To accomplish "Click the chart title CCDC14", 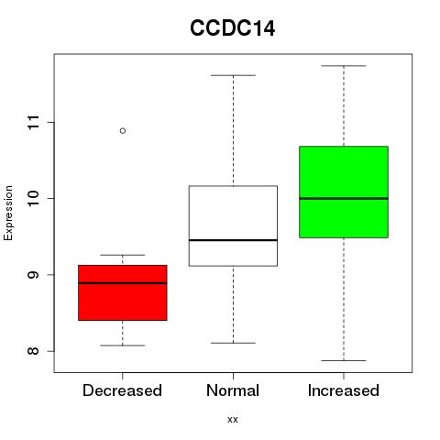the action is (x=232, y=28).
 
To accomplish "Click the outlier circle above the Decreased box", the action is (x=123, y=131).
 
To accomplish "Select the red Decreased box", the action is (x=123, y=292).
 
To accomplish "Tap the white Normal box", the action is (x=233, y=225).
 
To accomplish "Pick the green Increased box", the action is (x=344, y=192).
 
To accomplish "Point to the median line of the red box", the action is (x=123, y=283).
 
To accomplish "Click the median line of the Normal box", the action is (x=233, y=240).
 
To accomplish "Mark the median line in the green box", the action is (x=344, y=199).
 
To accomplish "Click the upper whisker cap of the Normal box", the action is (x=233, y=75).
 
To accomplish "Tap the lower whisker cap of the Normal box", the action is (x=233, y=343).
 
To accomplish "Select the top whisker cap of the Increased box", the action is (x=344, y=66).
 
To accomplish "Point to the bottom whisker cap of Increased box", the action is (x=344, y=360).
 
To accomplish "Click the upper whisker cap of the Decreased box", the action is (x=123, y=255).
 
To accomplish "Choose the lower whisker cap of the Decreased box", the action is (x=123, y=346).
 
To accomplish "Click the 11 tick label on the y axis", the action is (x=33, y=122).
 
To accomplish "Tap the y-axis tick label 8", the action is (x=33, y=351).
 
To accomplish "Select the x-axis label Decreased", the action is (x=122, y=390).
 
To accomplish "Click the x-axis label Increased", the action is (x=344, y=390).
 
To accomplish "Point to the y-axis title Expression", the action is (x=8, y=213).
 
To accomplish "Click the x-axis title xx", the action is (x=233, y=420).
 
